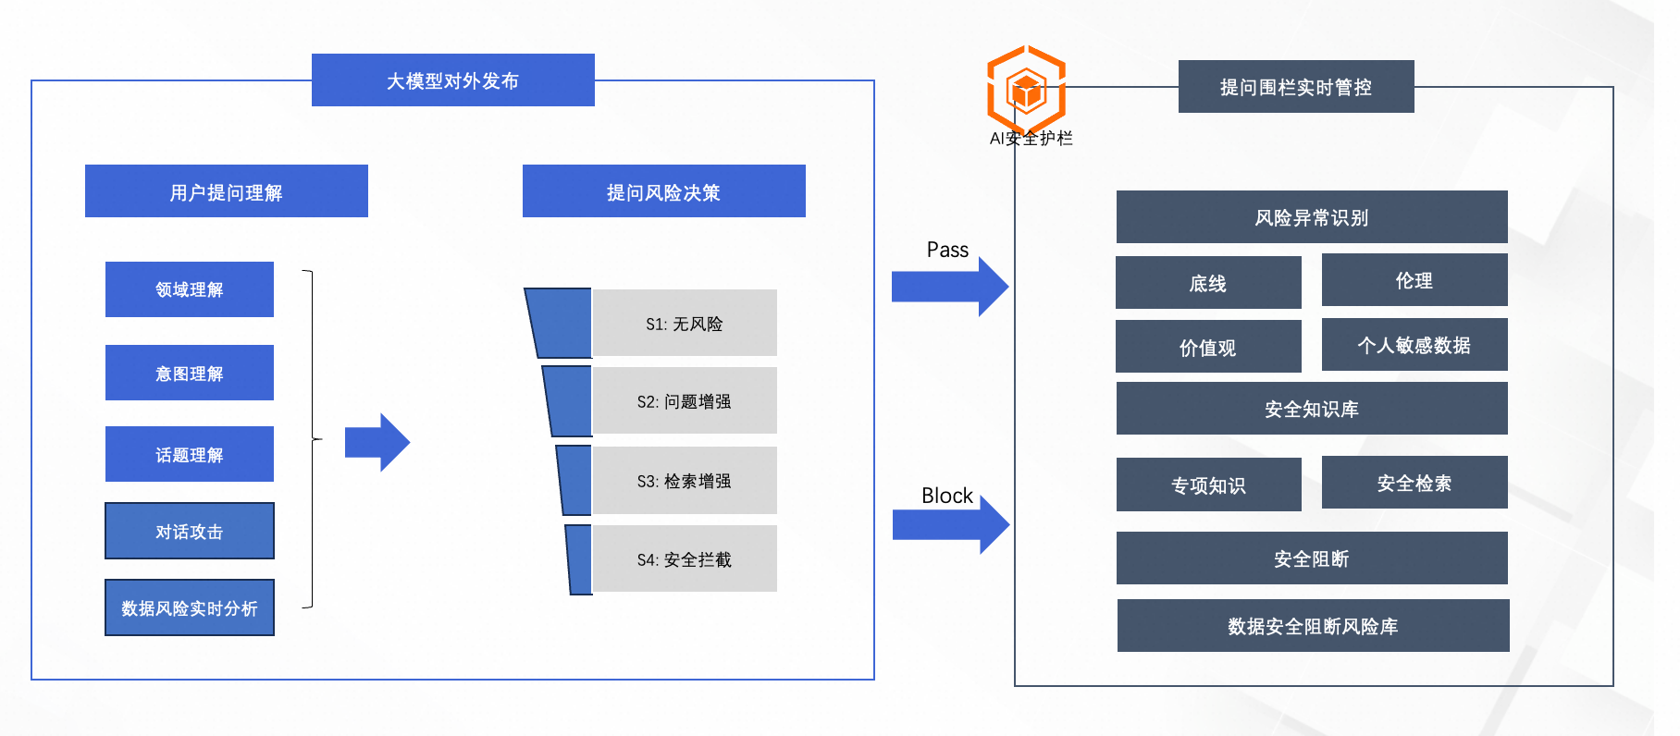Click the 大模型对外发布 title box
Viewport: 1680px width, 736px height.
coord(452,80)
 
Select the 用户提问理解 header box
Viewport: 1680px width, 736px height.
coord(227,191)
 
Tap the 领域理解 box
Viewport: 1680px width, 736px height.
coord(190,289)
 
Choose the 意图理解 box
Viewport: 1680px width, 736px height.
coord(190,373)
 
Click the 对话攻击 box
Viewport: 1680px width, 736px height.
coord(190,531)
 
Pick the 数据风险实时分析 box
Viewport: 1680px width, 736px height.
coord(190,607)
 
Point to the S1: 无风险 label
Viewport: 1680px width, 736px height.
coord(685,324)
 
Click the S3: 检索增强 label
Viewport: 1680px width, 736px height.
coord(685,481)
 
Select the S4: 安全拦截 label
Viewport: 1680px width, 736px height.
coord(685,559)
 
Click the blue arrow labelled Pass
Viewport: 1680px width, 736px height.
coord(950,287)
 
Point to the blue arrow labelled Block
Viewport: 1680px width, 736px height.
coord(951,524)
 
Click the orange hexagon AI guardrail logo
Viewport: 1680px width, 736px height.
coord(1027,90)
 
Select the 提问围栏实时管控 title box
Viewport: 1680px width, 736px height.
coord(1296,87)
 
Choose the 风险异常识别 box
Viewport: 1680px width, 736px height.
coord(1312,217)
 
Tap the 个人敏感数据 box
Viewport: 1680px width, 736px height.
coord(1414,345)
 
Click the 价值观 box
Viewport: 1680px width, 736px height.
coord(1208,347)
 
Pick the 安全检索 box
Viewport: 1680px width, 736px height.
coord(1414,483)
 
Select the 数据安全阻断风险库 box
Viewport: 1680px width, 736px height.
coord(1314,626)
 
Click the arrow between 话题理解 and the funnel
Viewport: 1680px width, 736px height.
coord(377,443)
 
